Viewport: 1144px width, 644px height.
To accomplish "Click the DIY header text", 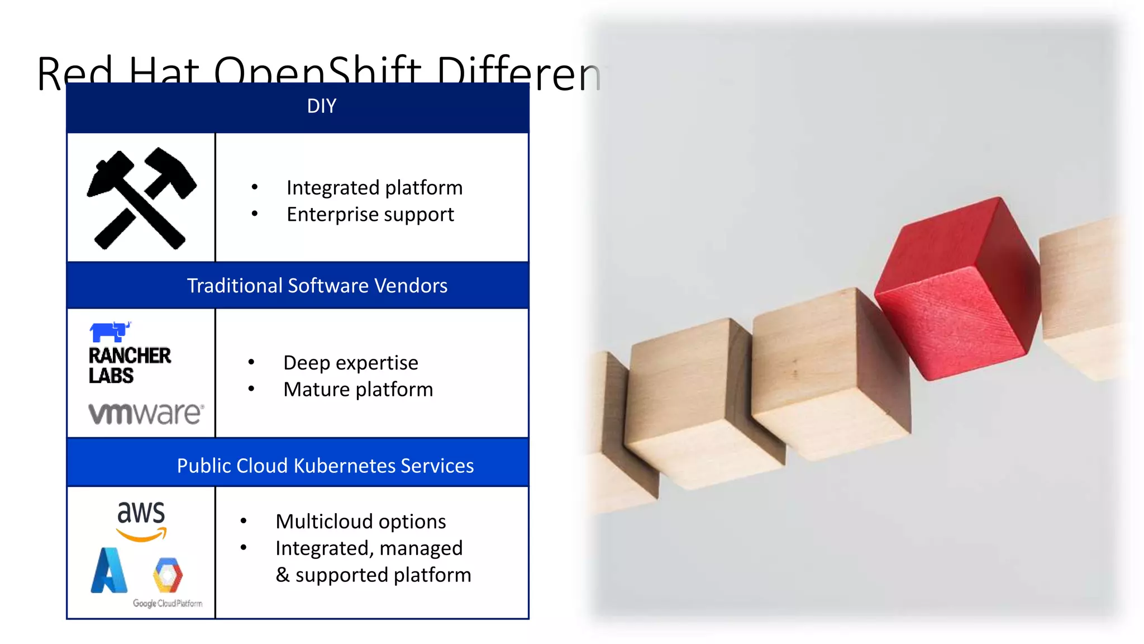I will coord(321,106).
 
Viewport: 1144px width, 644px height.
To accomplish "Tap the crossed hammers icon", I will coord(141,198).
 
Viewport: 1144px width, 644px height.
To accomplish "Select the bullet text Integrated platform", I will coord(374,188).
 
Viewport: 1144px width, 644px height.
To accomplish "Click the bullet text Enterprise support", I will coord(370,215).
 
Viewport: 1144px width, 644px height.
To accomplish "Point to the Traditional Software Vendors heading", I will coord(317,286).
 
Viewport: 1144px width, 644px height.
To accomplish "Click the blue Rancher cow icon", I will coord(110,332).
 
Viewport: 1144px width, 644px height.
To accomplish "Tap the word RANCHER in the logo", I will coord(130,356).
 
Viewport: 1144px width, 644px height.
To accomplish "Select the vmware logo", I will coord(146,414).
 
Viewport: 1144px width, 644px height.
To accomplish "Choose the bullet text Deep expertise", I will coord(350,363).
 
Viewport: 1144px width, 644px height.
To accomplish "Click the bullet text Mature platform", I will coord(357,390).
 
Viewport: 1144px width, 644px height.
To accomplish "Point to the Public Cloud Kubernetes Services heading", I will coord(325,466).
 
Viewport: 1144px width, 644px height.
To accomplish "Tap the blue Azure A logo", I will coord(109,571).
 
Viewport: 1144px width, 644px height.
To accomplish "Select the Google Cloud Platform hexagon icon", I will coord(168,575).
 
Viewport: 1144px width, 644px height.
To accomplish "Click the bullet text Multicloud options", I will coord(360,522).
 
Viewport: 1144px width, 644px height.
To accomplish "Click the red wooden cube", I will coord(955,291).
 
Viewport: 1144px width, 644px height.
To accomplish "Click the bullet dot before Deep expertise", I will coord(251,362).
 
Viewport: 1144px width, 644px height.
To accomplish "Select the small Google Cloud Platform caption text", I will coord(168,604).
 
